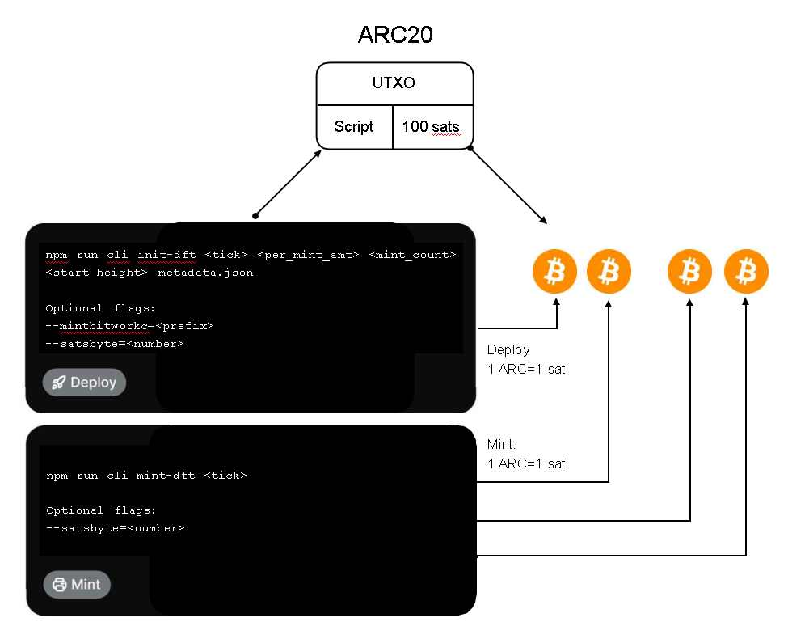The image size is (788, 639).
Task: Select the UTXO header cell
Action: [394, 83]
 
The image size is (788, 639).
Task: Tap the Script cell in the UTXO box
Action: [354, 127]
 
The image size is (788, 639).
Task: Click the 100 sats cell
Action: [432, 127]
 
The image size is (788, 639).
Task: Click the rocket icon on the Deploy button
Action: [58, 383]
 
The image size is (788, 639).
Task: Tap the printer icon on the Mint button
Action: [59, 584]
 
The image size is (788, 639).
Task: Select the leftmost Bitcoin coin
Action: [554, 272]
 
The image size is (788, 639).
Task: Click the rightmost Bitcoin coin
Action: [746, 272]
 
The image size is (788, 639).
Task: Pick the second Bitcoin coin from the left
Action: [608, 272]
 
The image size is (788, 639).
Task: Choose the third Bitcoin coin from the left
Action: [689, 272]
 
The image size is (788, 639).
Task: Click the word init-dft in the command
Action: [166, 255]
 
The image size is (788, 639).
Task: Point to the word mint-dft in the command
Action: [166, 476]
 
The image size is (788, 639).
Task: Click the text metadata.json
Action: [205, 273]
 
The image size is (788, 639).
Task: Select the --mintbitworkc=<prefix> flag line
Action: [129, 325]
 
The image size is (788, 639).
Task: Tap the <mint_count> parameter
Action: [412, 255]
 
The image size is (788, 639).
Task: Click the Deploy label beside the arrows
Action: [508, 350]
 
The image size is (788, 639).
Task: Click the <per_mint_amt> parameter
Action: [307, 255]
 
